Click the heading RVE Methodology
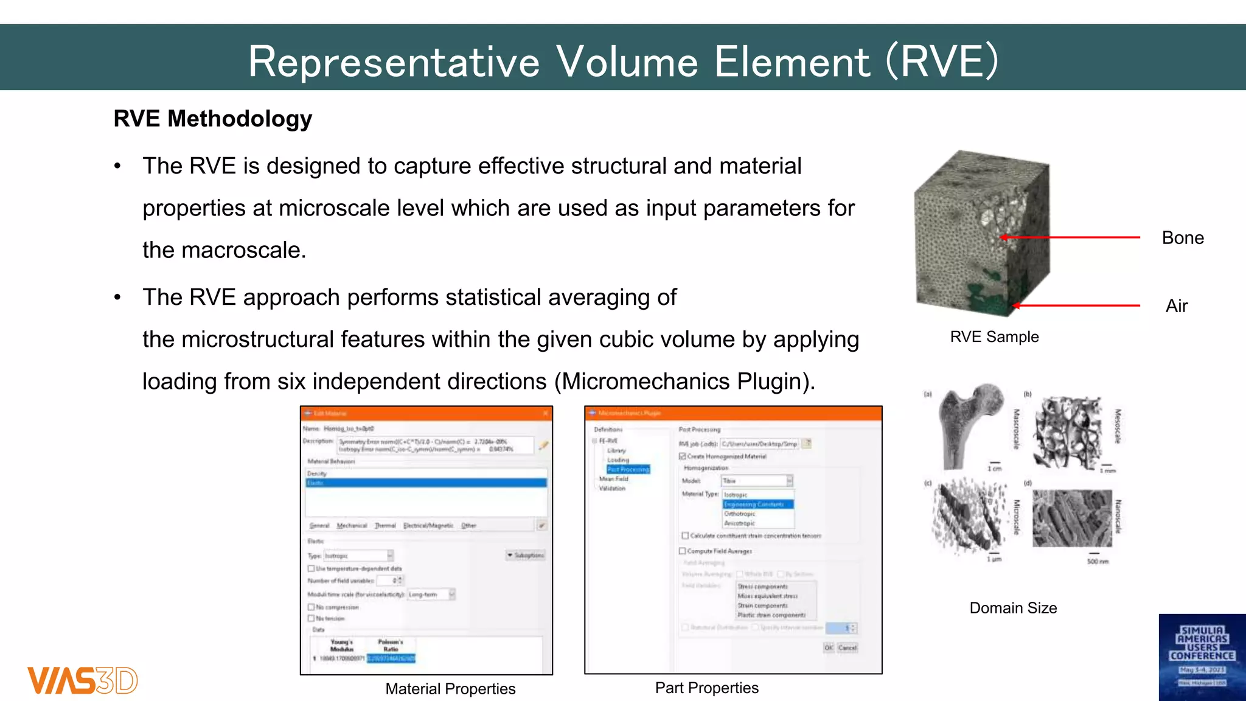click(212, 119)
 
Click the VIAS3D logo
click(82, 680)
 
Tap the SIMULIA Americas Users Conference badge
click(1202, 657)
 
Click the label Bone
click(1182, 238)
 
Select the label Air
click(1176, 306)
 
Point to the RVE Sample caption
click(994, 337)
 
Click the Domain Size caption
click(1013, 608)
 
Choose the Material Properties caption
click(450, 689)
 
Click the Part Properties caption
click(706, 688)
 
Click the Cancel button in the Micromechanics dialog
click(847, 647)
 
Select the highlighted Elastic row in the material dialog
click(426, 483)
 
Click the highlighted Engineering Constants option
click(757, 504)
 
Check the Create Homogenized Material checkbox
click(683, 456)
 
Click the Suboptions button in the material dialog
click(526, 555)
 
